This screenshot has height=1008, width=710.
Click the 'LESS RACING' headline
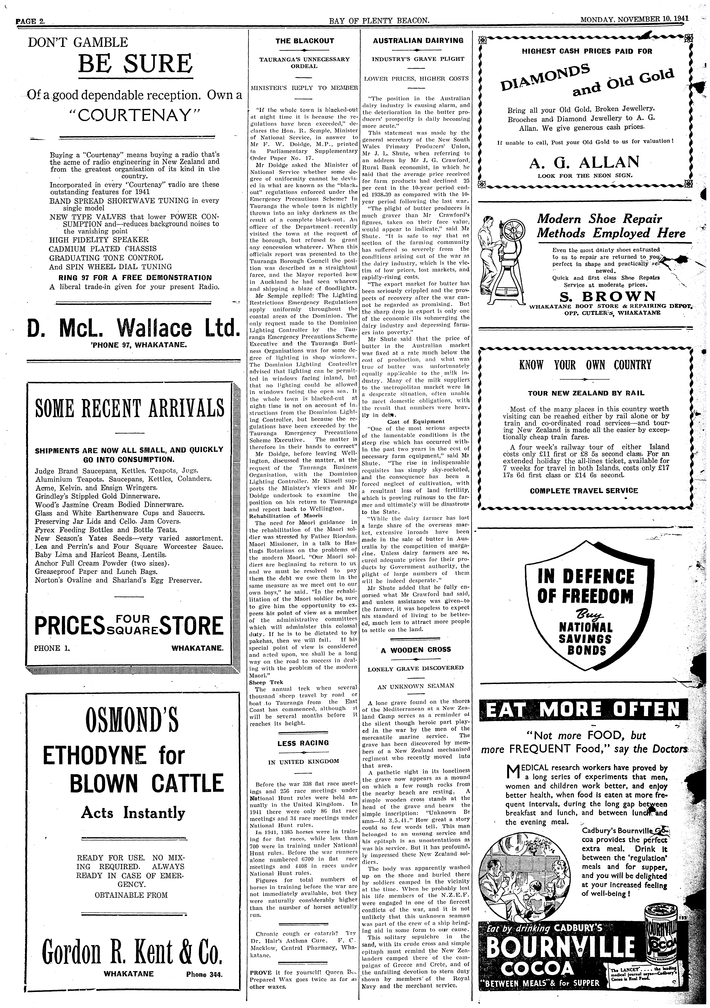pyautogui.click(x=303, y=743)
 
